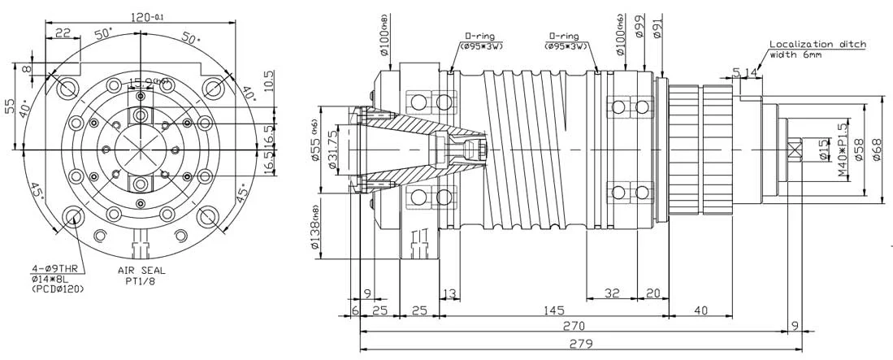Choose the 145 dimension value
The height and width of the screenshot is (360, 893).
point(555,310)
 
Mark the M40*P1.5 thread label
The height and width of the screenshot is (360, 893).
point(842,150)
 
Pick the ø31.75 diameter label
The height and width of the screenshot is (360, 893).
point(332,150)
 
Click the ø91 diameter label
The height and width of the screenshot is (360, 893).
point(657,29)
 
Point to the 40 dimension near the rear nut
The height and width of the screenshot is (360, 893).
point(701,310)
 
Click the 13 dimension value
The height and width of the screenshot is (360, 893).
point(448,293)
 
